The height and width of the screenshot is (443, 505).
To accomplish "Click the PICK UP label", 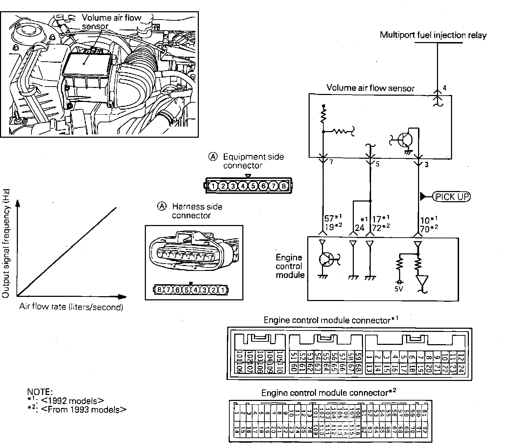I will pos(452,197).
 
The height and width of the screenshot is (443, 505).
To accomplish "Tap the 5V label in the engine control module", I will pos(398,289).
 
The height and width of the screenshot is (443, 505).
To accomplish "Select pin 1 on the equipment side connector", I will pos(213,186).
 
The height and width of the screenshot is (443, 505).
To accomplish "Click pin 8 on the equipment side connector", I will pos(284,186).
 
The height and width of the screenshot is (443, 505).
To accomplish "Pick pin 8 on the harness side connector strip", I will pos(160,290).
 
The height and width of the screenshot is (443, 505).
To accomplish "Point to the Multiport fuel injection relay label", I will pos(433,35).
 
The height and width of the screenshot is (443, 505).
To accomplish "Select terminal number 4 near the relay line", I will pos(444,88).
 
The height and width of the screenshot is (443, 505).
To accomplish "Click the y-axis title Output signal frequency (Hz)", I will pos(6,244).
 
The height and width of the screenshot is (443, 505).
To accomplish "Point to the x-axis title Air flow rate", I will pos(71,307).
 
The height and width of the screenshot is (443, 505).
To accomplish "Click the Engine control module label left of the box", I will pos(290,266).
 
